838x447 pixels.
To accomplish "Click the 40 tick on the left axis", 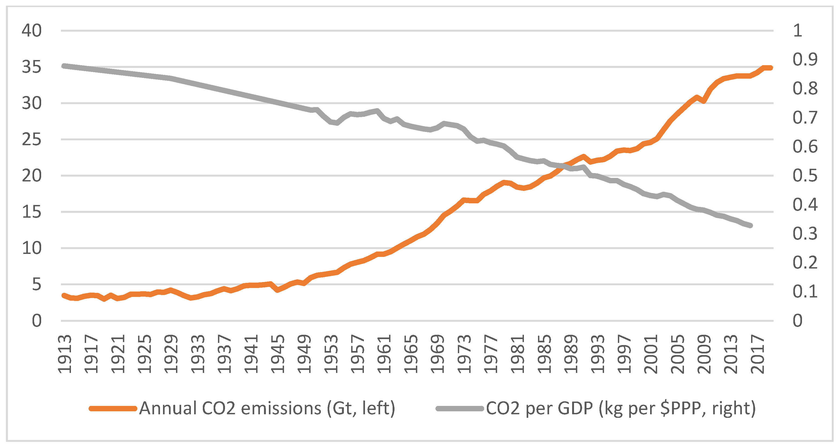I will pyautogui.click(x=32, y=31).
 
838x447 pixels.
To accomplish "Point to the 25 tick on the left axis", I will pyautogui.click(x=32, y=140).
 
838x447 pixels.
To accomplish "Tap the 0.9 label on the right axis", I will pyautogui.click(x=805, y=59).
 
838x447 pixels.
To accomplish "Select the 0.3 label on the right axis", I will pyautogui.click(x=805, y=234).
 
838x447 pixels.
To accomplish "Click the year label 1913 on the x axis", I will pyautogui.click(x=65, y=354).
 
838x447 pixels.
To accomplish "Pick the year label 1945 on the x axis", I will pyautogui.click(x=278, y=354).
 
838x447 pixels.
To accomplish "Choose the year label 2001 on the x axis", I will pyautogui.click(x=651, y=354).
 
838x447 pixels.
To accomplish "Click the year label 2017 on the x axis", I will pyautogui.click(x=757, y=354).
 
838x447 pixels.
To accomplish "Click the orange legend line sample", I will pyautogui.click(x=113, y=408).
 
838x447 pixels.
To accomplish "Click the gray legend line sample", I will pyautogui.click(x=459, y=408).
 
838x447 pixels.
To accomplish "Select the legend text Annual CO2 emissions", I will pyautogui.click(x=267, y=408).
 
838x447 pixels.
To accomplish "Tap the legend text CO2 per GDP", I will pyautogui.click(x=621, y=408).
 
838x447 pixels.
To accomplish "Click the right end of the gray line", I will pyautogui.click(x=751, y=226).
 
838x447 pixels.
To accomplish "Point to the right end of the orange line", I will pyautogui.click(x=770, y=68).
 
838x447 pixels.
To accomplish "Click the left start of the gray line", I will pyautogui.click(x=64, y=66).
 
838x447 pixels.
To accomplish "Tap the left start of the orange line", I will pyautogui.click(x=64, y=295).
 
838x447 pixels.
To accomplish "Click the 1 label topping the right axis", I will pyautogui.click(x=797, y=31).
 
